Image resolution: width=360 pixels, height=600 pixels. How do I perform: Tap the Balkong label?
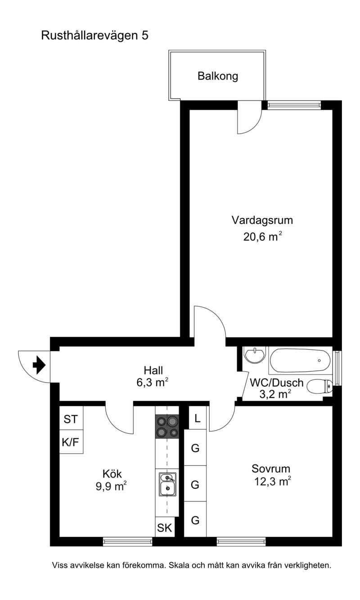point(218,77)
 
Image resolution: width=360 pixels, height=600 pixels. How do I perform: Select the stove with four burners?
point(167,426)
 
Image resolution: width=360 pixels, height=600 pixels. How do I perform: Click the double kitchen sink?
point(168,484)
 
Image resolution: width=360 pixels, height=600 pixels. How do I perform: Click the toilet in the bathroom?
point(319,387)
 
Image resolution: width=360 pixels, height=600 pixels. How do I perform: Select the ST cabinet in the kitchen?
point(71,419)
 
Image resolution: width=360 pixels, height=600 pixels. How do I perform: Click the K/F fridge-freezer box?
point(71,442)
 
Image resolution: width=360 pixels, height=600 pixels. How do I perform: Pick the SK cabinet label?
point(164,528)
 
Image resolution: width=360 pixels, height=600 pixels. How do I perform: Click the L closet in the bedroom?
point(198,418)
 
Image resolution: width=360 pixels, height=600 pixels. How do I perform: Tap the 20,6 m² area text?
point(262,236)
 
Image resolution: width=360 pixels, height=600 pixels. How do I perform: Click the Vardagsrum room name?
point(262,220)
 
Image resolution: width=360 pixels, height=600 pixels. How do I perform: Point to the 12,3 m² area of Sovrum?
point(272,482)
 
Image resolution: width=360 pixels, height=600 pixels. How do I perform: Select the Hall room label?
point(153,370)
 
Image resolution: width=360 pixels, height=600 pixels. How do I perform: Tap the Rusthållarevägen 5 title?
point(94,36)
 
